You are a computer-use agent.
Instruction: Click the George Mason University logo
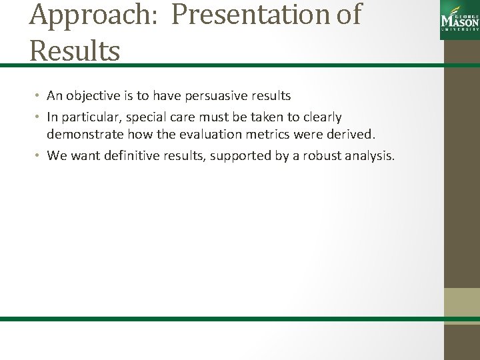pyautogui.click(x=460, y=22)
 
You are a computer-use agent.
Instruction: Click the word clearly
pyautogui.click(x=319, y=117)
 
